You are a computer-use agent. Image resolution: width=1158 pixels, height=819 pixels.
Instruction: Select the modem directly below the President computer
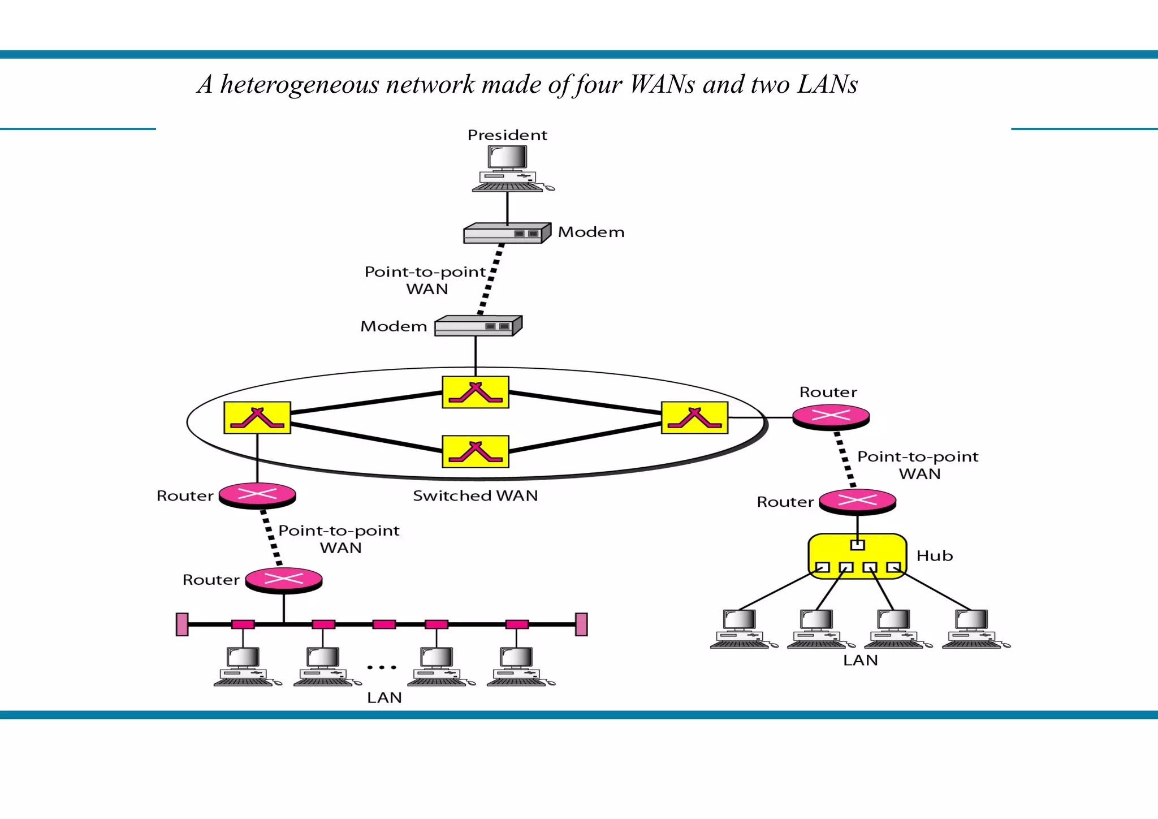click(507, 233)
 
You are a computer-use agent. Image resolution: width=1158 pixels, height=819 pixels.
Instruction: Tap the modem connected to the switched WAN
click(478, 326)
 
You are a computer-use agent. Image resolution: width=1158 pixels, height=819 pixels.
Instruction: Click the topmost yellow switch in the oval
click(476, 392)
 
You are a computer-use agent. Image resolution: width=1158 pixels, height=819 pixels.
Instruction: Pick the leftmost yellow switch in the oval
click(257, 417)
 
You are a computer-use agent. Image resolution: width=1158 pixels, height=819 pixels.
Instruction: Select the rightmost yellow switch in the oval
click(694, 417)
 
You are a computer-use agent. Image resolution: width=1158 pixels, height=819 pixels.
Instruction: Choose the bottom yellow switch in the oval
click(476, 451)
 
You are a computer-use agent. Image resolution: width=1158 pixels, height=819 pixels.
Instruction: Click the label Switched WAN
click(475, 495)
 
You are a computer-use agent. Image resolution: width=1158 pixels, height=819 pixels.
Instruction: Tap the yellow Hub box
click(857, 555)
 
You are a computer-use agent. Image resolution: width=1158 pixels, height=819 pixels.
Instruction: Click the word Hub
click(934, 556)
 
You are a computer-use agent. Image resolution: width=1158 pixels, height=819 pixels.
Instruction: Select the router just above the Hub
click(857, 501)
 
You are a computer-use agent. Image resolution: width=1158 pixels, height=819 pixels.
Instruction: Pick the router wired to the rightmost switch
click(831, 417)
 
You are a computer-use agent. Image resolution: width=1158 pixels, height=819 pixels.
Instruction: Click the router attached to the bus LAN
click(284, 580)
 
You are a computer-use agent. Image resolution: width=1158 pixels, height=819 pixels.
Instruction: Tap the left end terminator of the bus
click(182, 624)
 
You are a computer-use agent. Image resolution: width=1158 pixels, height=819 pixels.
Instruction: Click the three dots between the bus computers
click(382, 667)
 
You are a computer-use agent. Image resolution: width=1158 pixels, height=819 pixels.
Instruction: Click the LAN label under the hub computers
click(860, 660)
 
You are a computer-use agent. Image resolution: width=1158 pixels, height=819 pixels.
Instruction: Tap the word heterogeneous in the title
click(299, 85)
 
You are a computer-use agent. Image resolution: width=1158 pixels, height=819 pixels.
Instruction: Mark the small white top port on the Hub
click(858, 545)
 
